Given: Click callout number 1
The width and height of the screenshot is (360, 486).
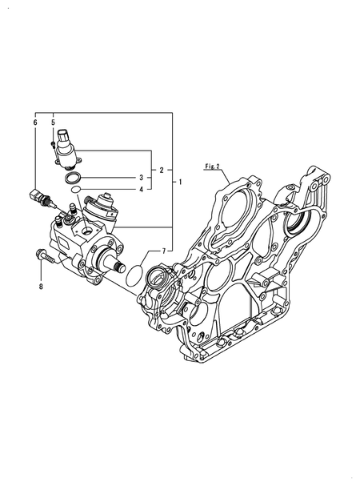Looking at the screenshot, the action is [181, 182].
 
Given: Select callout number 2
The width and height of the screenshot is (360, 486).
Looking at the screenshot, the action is [162, 170].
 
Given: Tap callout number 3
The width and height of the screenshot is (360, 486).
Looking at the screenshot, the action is [142, 178].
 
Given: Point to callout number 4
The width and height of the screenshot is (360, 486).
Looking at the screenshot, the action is [142, 189].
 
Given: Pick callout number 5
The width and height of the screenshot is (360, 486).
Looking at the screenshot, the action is [54, 123].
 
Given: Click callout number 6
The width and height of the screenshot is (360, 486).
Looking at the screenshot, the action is [35, 123].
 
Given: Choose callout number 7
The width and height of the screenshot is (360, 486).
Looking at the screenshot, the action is [165, 251].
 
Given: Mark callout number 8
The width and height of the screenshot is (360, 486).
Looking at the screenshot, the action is [41, 287].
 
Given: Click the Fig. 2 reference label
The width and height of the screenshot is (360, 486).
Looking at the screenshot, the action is [212, 167].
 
